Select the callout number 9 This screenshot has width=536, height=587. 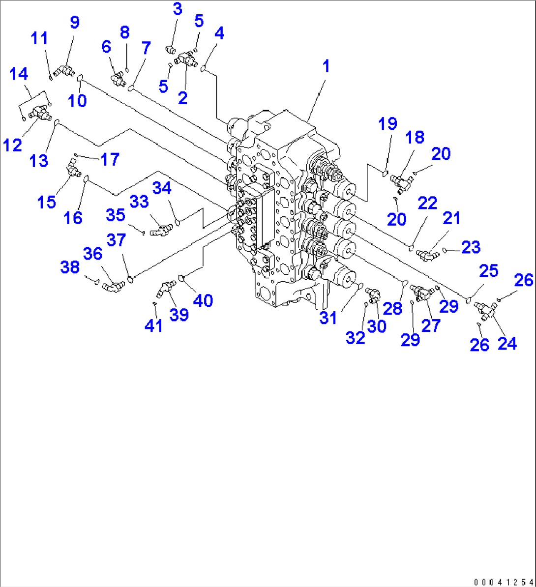[74, 23]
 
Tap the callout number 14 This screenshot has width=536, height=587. [19, 74]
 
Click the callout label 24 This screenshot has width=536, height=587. [507, 343]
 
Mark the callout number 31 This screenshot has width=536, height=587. [328, 318]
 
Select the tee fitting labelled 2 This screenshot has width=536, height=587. [184, 60]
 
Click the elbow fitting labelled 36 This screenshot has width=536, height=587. [111, 285]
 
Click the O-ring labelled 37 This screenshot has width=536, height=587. [130, 280]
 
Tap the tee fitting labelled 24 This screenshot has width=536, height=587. [485, 309]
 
